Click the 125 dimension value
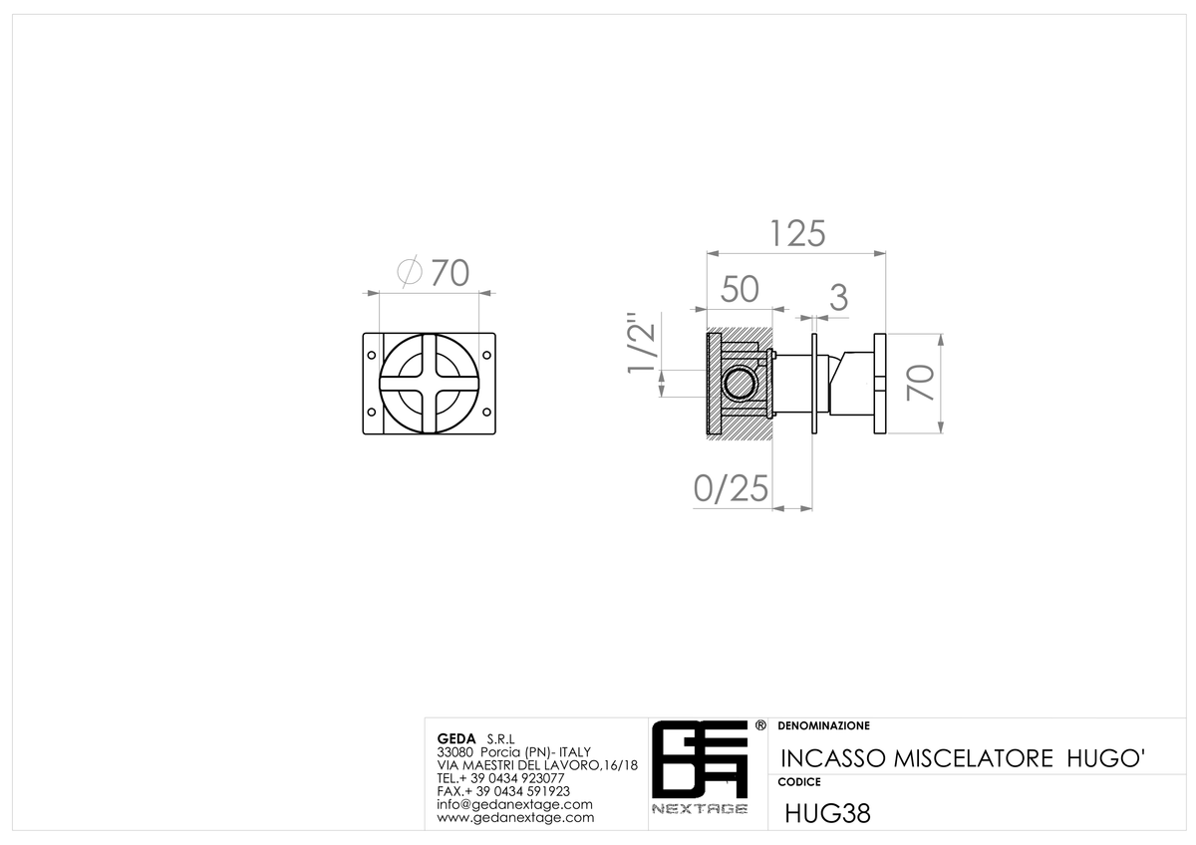[x=797, y=234]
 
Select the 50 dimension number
[x=740, y=289]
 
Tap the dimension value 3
[x=839, y=298]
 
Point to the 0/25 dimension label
[x=731, y=488]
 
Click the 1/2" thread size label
[x=641, y=343]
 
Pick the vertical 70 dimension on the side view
[x=920, y=383]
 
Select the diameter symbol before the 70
[x=410, y=272]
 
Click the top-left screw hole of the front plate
[x=372, y=355]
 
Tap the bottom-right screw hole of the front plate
[x=486, y=413]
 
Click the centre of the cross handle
[x=430, y=384]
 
